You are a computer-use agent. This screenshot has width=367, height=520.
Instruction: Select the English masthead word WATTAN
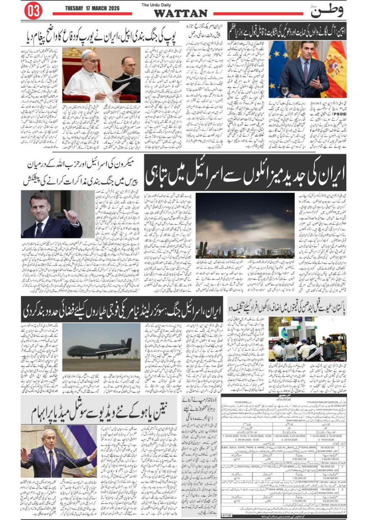pos(181,13)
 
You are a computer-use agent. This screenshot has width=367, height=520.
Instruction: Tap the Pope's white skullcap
pos(88,53)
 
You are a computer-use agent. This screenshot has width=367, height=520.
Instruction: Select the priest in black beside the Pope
pos(126,78)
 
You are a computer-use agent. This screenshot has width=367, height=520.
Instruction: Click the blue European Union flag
pos(278,65)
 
